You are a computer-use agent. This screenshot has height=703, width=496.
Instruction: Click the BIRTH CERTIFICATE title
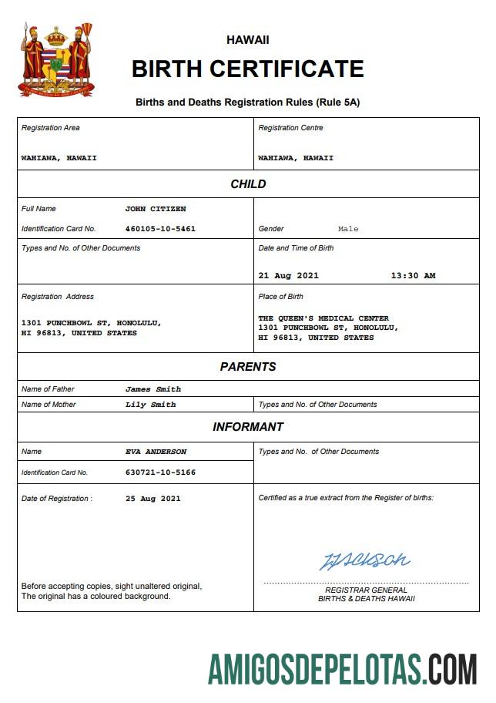click(247, 69)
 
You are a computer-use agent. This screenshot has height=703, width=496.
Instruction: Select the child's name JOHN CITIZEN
click(156, 209)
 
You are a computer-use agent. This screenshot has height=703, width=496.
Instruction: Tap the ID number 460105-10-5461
click(160, 229)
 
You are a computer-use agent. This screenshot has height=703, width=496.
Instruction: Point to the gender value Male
click(348, 229)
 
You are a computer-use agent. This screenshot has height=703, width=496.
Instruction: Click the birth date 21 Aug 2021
click(289, 275)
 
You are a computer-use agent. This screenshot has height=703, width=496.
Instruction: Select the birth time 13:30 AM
click(413, 275)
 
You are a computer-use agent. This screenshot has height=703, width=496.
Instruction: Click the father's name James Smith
click(153, 389)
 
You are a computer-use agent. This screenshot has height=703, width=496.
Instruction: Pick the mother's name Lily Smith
click(151, 405)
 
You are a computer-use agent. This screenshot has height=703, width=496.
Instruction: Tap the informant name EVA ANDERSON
click(156, 452)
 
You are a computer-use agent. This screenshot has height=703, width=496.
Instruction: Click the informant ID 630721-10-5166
click(160, 472)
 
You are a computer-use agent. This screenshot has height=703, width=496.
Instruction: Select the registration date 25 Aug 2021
click(153, 499)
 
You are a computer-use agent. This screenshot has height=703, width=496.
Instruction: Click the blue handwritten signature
click(365, 560)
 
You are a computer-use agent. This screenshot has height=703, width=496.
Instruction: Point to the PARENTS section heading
click(248, 367)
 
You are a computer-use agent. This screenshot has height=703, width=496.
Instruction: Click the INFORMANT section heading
click(248, 427)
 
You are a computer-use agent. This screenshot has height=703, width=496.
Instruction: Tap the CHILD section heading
click(248, 184)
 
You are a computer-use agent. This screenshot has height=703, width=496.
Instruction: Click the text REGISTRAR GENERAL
click(367, 590)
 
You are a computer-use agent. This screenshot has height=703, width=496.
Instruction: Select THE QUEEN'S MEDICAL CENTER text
click(323, 318)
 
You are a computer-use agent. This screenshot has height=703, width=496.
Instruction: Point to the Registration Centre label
click(290, 128)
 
